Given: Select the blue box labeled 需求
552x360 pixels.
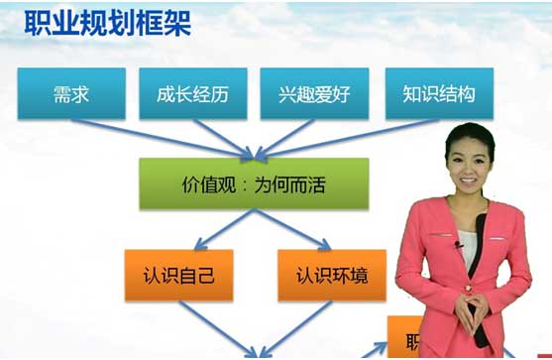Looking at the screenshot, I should coord(72,94).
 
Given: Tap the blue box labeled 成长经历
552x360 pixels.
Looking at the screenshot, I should coord(191,94).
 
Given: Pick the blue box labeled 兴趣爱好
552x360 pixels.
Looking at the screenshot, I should coord(315,94).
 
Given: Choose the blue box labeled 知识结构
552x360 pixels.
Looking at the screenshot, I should coord(438,94).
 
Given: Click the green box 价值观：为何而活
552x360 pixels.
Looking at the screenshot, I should coord(254,185).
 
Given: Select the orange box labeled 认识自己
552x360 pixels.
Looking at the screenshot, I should coord(177,273).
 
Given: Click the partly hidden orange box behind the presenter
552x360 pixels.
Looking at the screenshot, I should coord(397,337).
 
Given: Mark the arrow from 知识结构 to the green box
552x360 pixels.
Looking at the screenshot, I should coord(357,137).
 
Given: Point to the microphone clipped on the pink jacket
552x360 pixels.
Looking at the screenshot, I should coord(459,244).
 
